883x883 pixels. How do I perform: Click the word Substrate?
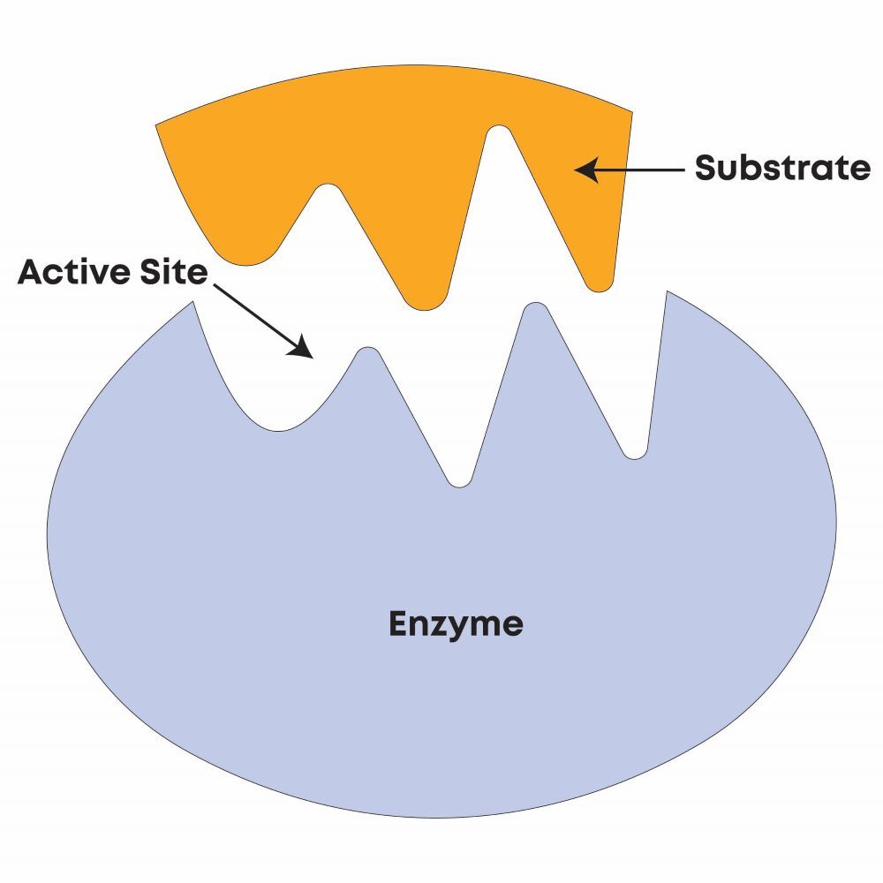(782, 168)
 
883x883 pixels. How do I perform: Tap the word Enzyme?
(456, 624)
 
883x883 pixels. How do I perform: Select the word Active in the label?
(72, 272)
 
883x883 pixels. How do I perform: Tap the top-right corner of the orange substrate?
(632, 112)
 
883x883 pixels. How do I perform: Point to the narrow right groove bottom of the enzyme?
(635, 456)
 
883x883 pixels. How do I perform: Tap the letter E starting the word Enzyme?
(398, 624)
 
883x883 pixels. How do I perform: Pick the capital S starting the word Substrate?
(706, 168)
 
